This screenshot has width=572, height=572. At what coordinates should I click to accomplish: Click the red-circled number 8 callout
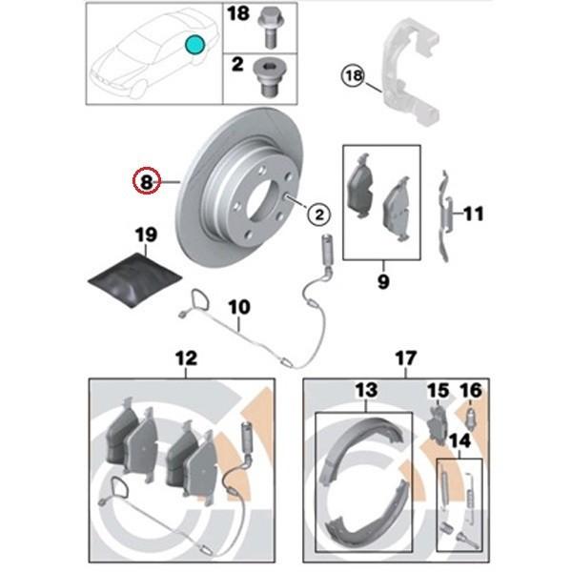146,180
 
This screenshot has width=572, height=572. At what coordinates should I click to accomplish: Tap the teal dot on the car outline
194,44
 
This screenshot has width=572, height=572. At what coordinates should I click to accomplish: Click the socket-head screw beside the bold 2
268,77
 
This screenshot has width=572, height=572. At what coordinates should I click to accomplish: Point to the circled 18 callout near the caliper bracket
353,76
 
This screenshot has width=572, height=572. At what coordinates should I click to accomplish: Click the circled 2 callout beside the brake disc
318,214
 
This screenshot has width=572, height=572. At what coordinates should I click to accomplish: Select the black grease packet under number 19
135,279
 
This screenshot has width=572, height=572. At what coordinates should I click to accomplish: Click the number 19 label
146,235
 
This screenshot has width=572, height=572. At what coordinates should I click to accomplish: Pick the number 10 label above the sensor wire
239,307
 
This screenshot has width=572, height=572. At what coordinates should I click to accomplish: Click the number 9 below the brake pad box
383,281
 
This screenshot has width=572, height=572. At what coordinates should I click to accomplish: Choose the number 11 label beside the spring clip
474,214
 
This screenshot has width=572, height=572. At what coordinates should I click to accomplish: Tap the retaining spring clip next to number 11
445,216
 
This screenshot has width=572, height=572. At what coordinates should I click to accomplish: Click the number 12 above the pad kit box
186,358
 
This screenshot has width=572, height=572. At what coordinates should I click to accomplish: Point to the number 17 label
406,358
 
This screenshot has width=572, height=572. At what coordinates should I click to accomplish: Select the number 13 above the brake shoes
366,390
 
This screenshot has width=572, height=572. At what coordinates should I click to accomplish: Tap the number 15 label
439,391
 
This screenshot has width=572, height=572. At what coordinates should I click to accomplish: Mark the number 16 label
471,391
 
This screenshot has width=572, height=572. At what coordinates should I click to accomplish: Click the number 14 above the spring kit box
460,440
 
